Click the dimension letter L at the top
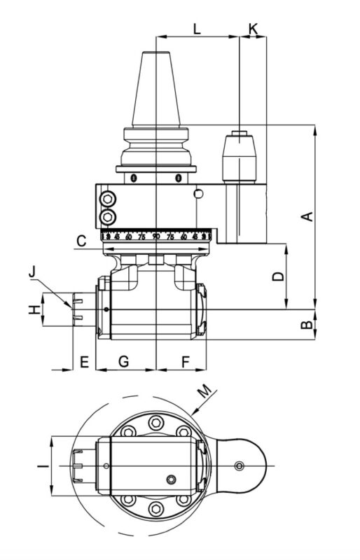coord(197,29)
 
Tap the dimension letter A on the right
coord(305,217)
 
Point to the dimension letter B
coord(305,325)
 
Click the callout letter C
coord(81,241)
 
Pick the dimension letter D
coord(278,276)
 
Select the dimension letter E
coord(83,362)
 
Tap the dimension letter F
coord(186,362)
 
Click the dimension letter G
coord(123,362)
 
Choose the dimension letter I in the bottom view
coord(42,465)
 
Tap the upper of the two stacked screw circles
coord(108,199)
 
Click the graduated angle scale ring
coord(155,237)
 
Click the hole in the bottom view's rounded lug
coord(240,466)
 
